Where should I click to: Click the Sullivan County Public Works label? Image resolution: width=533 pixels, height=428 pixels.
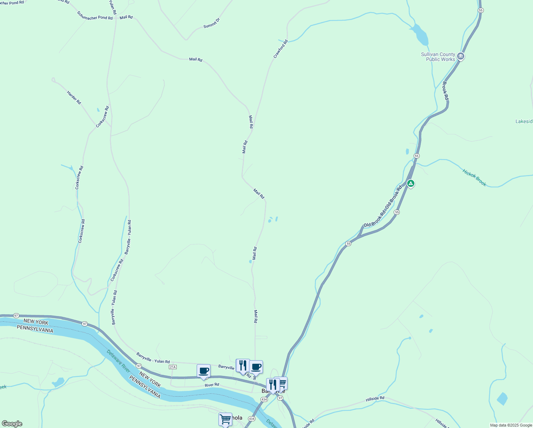(438, 57)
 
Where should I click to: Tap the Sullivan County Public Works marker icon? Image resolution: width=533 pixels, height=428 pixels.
(460, 56)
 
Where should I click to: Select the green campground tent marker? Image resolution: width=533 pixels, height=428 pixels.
(410, 184)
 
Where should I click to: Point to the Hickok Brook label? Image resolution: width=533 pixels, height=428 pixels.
(474, 178)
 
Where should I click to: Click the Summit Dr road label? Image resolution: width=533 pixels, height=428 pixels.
(212, 24)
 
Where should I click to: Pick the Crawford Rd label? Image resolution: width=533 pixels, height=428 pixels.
(280, 49)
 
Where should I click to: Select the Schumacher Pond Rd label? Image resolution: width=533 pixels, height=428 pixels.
(94, 16)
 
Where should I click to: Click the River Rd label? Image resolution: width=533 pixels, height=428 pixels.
(212, 385)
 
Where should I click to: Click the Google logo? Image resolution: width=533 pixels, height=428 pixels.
(12, 424)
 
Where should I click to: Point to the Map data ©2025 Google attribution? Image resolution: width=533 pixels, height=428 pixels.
(511, 425)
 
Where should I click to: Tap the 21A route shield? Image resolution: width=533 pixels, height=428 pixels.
(173, 367)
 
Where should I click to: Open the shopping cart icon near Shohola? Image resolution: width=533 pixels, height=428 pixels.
(225, 419)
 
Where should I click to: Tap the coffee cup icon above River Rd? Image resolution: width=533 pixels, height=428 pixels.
(203, 371)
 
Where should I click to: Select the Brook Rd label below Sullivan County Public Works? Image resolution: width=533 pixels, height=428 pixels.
(445, 91)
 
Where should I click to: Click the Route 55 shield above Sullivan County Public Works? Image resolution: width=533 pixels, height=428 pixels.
(481, 10)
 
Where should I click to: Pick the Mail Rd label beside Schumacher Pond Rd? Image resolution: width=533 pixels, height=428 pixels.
(126, 17)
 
